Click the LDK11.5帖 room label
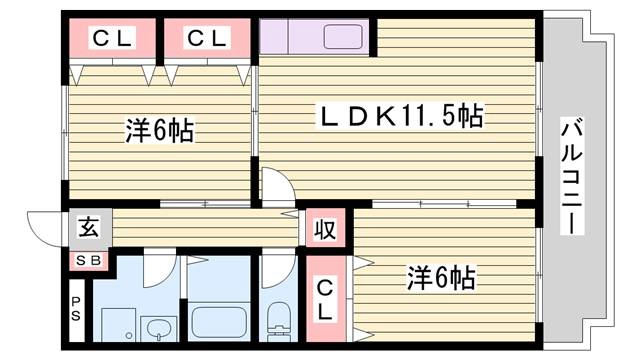402,116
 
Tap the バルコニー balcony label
571,176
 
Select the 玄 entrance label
89,227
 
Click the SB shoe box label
89,260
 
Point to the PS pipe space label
76,309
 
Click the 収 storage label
325,229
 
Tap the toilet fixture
279,321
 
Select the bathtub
219,322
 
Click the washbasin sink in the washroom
158,329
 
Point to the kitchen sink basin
343,37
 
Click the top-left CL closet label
112,38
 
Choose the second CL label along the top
207,38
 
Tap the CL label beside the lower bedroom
325,299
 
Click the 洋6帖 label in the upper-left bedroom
159,131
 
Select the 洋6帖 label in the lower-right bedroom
441,278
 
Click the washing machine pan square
118,325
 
